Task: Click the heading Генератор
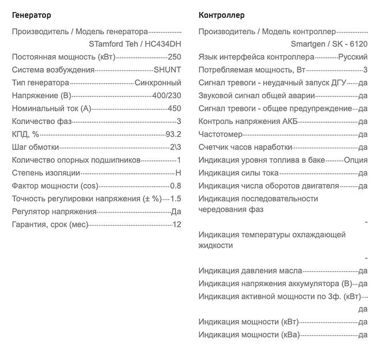pos(31,15)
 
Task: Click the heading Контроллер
pos(221,15)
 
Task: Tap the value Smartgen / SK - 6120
pos(329,44)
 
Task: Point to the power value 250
pos(174,57)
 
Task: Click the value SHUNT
pos(167,70)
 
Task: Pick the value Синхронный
pos(157,82)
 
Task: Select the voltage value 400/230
pos(167,95)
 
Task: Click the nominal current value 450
pos(174,108)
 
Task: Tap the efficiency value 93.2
pos(173,134)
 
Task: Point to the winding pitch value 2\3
pos(175,147)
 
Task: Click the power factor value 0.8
pos(175,186)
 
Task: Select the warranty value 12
pos(177,224)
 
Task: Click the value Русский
pos(353,57)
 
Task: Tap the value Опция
pos(355,160)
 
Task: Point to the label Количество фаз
pos(41,121)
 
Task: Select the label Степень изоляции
pos(46,172)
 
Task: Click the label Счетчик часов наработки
pos(245,147)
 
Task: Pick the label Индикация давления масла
pos(250,271)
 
